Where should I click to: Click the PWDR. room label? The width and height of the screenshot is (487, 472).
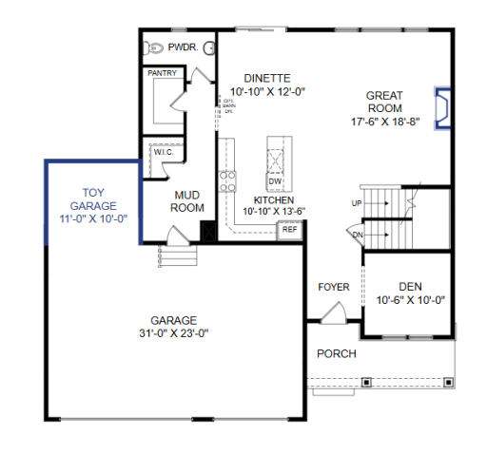click(x=183, y=47)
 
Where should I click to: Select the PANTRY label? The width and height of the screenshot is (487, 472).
click(x=163, y=72)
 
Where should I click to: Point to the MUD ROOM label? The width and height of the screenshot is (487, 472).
click(x=187, y=201)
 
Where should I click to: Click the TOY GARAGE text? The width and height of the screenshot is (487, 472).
click(x=92, y=198)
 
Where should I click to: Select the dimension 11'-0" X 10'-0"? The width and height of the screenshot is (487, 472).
click(x=92, y=218)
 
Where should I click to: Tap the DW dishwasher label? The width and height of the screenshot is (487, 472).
click(x=275, y=181)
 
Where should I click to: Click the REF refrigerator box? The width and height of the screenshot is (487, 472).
click(x=289, y=229)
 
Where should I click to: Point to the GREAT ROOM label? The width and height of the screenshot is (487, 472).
click(x=384, y=102)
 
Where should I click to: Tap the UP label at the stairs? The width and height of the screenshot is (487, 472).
click(x=357, y=203)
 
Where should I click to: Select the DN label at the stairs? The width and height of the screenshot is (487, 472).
click(x=357, y=236)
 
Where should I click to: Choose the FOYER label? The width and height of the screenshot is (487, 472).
click(x=333, y=287)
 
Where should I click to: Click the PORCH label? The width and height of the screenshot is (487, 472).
click(x=337, y=354)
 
